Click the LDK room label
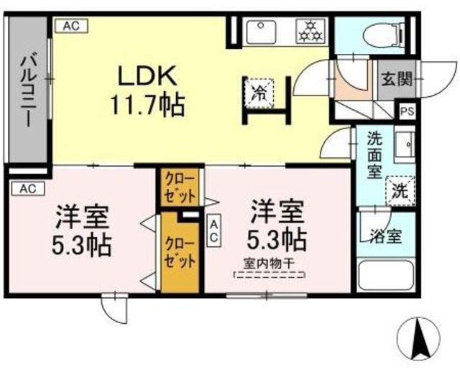(147, 75)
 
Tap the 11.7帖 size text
(147, 105)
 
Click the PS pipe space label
(407, 111)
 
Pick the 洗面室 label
(375, 154)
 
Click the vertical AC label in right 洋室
(214, 231)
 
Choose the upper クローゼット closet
(174, 185)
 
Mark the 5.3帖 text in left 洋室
(83, 245)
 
